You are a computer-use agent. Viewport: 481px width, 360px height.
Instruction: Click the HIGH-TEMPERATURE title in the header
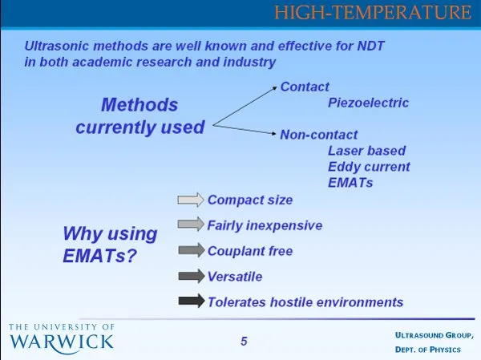[x=373, y=12]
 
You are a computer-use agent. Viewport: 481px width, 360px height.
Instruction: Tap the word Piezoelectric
[x=368, y=103]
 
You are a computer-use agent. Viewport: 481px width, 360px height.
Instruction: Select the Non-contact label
[x=319, y=135]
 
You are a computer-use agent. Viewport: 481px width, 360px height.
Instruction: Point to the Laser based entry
[x=366, y=151]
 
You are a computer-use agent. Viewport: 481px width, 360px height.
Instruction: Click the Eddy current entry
[x=369, y=167]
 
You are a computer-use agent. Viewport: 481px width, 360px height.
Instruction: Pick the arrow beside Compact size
[x=191, y=200]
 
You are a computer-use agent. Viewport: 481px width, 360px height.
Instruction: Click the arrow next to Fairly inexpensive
[x=191, y=224]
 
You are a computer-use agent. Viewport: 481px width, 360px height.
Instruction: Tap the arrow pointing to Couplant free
[x=192, y=250]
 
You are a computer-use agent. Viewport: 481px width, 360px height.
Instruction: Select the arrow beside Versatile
[x=192, y=276]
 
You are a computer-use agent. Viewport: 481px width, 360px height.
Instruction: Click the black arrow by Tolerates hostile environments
[x=192, y=301]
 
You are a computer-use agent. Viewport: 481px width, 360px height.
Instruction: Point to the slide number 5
[x=244, y=342]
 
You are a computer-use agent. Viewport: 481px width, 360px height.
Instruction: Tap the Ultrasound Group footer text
[x=434, y=335]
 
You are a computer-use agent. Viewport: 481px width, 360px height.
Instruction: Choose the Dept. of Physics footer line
[x=428, y=350]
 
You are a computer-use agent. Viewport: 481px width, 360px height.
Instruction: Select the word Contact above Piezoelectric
[x=305, y=87]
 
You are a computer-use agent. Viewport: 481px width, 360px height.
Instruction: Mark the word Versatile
[x=235, y=277]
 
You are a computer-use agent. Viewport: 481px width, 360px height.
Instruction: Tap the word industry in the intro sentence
[x=249, y=63]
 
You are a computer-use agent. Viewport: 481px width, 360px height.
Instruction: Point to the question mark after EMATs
[x=131, y=255]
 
